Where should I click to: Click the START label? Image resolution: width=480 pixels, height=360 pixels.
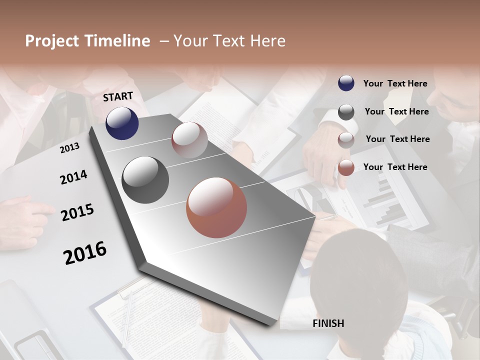pos(118,96)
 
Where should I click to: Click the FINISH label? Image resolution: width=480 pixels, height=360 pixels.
pos(328,323)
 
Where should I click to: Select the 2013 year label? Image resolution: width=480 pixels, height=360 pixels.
pos(69,148)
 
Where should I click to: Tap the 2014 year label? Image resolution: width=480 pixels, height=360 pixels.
pos(73,177)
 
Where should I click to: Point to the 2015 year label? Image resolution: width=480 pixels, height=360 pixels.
pos(77,212)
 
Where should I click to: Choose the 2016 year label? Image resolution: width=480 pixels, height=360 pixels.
pos(85,253)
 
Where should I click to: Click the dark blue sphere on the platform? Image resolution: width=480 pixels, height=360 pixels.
pos(122,123)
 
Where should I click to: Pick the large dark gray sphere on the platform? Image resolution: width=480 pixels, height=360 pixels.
pos(145,180)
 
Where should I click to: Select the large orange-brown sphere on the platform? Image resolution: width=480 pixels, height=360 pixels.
pos(216,207)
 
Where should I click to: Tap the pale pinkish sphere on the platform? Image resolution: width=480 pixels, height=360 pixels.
pos(189,140)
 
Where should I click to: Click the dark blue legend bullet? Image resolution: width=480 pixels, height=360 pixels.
pos(346,83)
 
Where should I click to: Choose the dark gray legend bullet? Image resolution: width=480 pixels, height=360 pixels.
pos(346,112)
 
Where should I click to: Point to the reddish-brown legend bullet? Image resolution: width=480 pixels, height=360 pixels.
pos(346,168)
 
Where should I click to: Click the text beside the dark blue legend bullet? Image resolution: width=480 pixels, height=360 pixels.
pos(395,83)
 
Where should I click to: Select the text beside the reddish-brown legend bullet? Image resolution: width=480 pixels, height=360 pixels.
pos(395,167)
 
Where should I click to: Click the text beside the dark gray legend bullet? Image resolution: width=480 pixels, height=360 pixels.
pos(396,111)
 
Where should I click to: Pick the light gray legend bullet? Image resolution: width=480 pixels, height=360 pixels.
pos(346,140)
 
